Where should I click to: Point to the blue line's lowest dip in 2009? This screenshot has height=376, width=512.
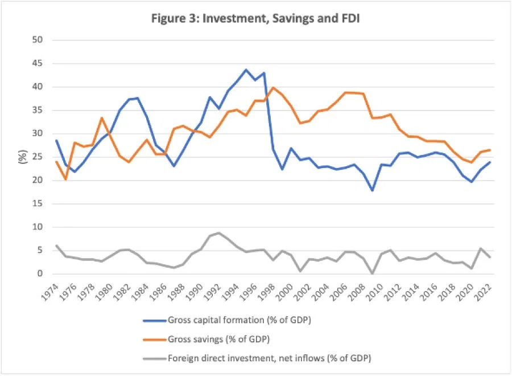coord(373,190)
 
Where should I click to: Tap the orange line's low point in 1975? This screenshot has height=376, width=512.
coord(65,179)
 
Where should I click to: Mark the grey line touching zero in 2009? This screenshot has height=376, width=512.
coord(373,273)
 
